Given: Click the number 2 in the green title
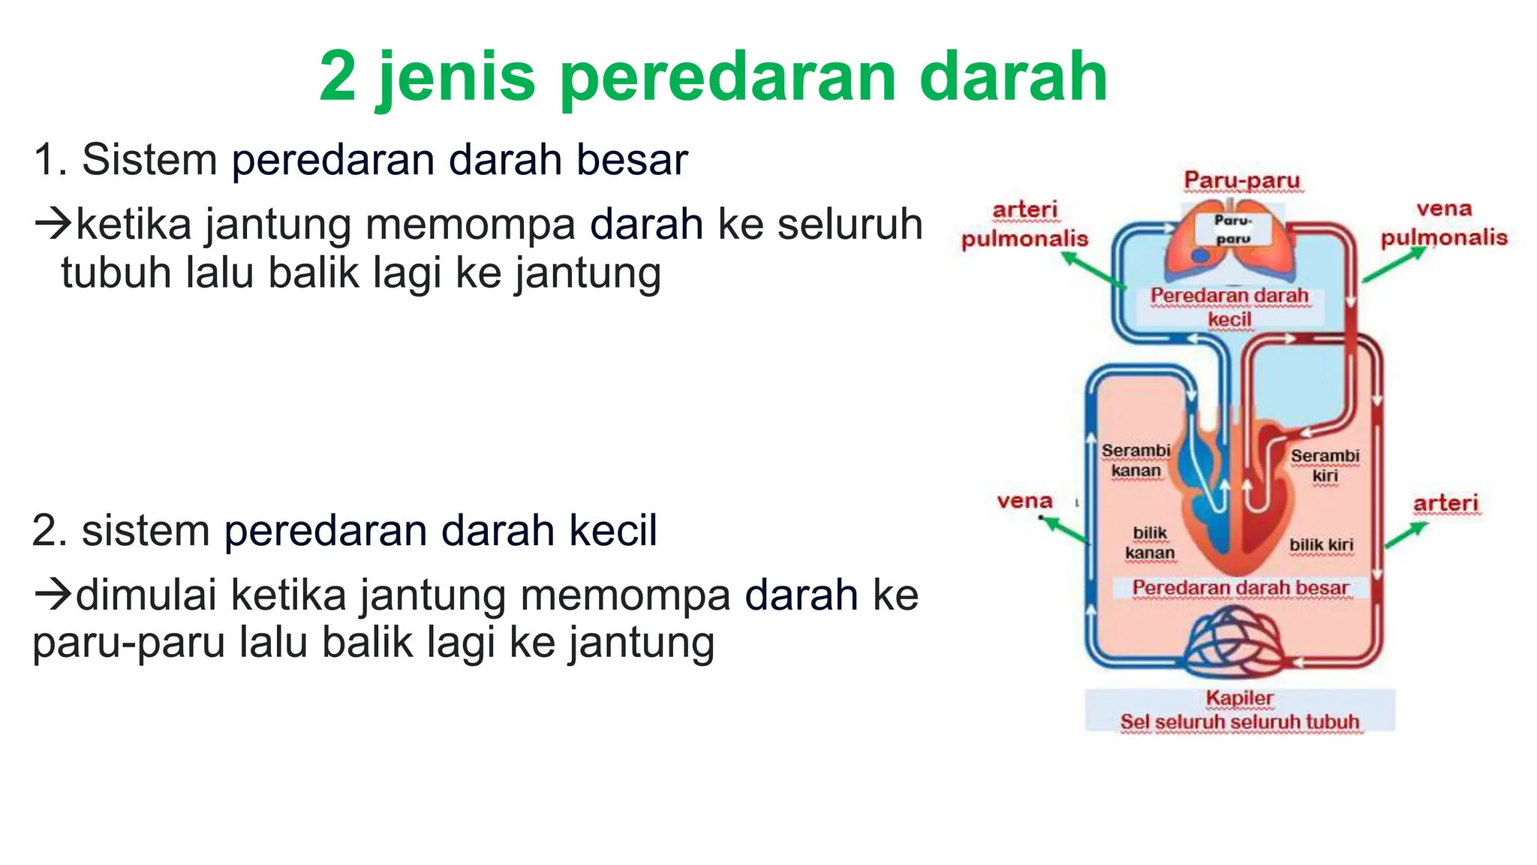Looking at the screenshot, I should [x=338, y=77].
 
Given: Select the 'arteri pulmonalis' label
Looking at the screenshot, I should [x=1024, y=224].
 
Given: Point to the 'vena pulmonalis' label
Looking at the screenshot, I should [x=1444, y=223].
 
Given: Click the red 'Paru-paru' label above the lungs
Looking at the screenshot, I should [x=1242, y=180].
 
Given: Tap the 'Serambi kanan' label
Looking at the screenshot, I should [x=1135, y=460].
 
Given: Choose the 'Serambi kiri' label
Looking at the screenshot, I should [x=1325, y=466].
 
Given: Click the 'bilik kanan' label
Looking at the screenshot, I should [x=1150, y=543].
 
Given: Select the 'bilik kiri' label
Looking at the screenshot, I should [x=1321, y=545].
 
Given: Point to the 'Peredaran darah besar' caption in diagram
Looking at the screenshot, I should [x=1241, y=588].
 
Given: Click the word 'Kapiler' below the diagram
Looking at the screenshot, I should [x=1239, y=698].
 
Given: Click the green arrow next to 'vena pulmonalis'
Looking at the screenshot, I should [x=1393, y=265].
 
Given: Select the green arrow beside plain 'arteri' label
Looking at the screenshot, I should [x=1406, y=535].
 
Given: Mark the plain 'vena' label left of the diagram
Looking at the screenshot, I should [x=1024, y=501].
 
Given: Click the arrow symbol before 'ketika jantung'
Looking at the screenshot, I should [x=53, y=223].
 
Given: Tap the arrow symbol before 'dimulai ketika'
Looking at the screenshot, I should [x=53, y=594].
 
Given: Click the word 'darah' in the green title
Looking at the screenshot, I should [x=1013, y=77].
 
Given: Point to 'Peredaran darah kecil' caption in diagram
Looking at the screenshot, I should [x=1229, y=307].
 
